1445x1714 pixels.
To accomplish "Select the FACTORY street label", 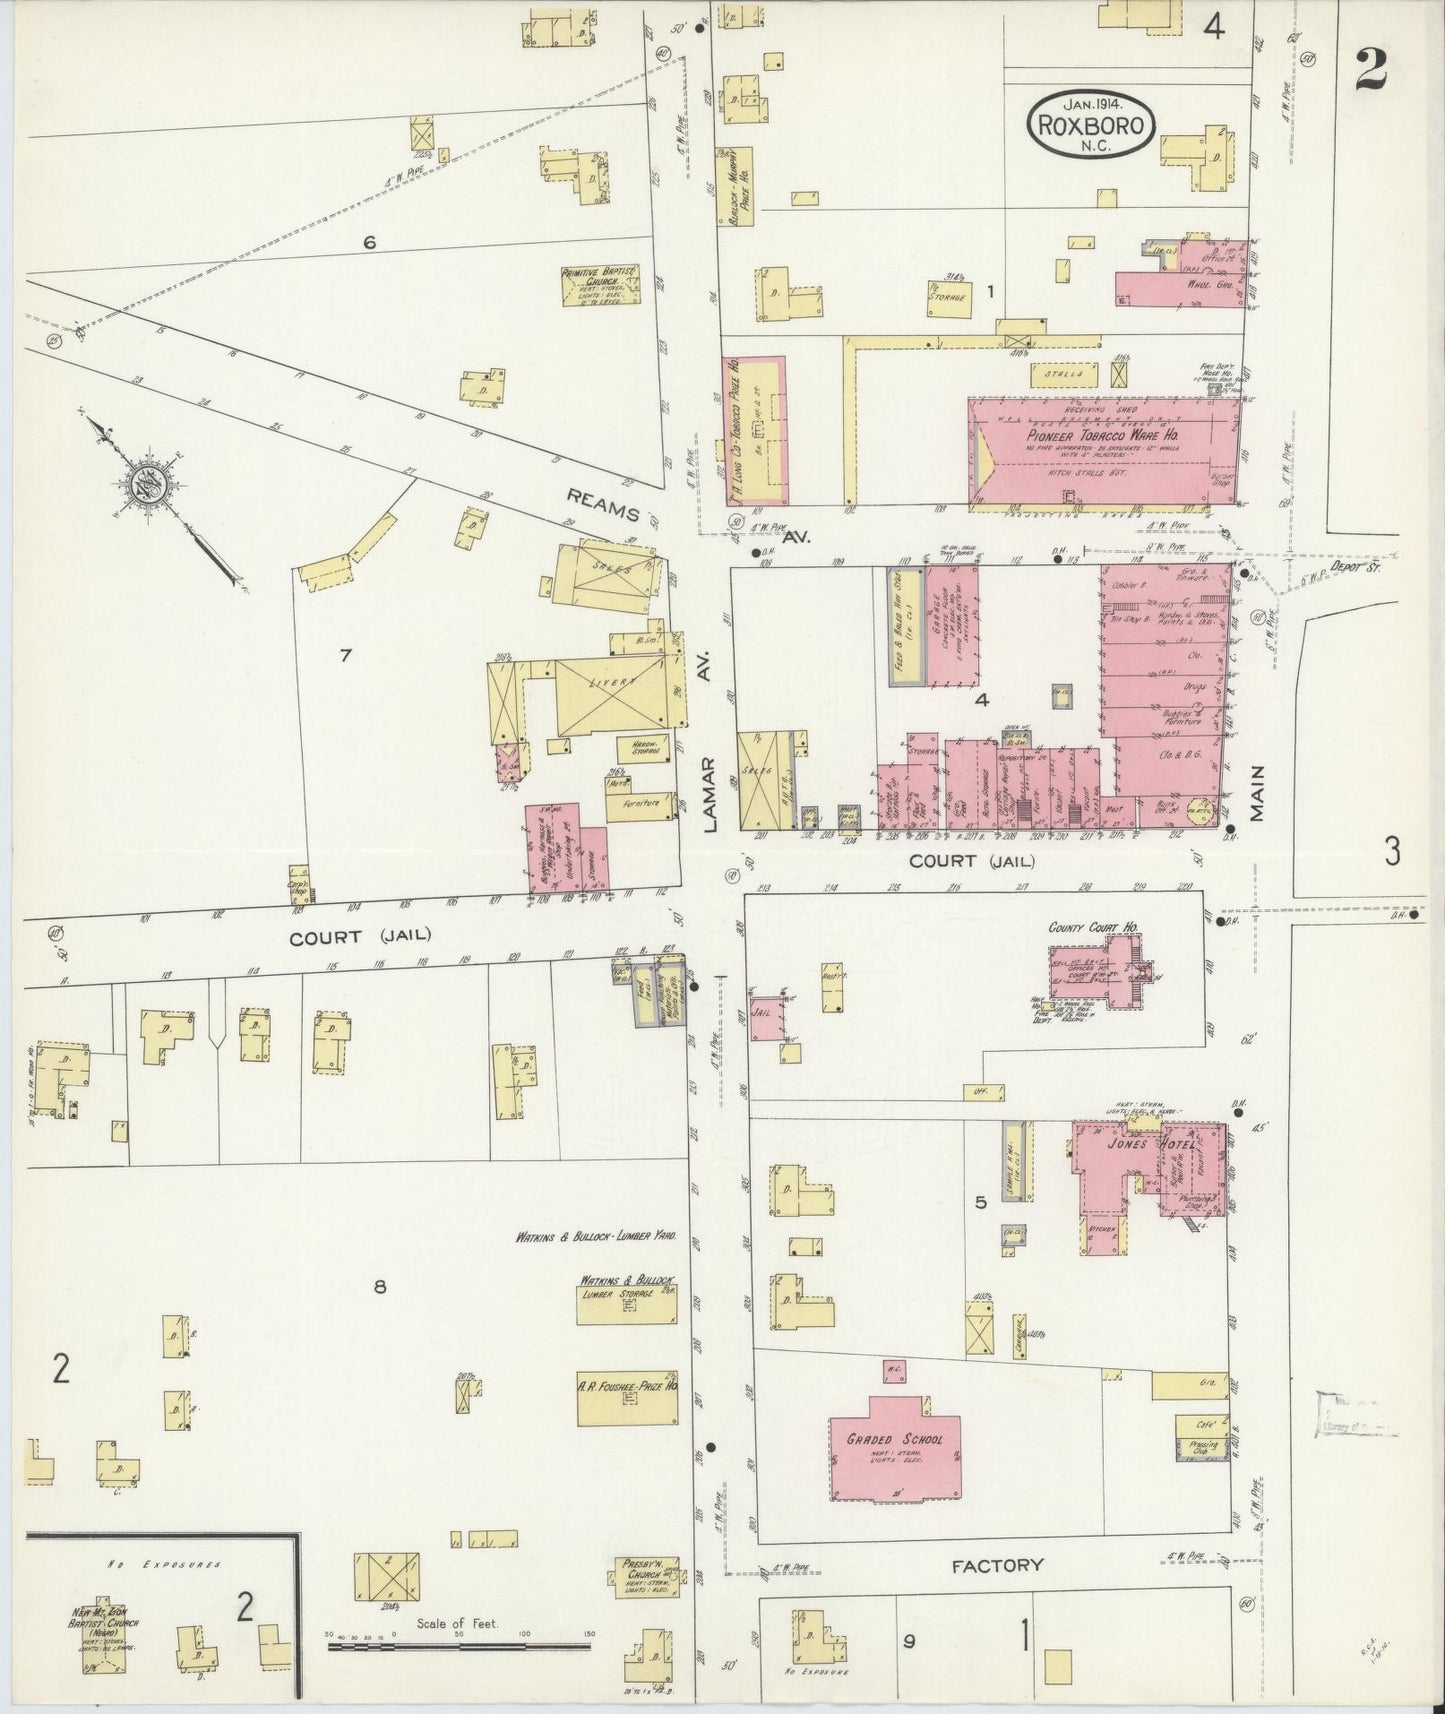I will pos(997,1566).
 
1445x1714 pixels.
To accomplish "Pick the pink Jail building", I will pos(767,1017).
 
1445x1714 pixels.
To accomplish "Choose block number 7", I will pos(345,655).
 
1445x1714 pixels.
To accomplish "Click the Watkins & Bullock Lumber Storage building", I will pos(627,1303).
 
